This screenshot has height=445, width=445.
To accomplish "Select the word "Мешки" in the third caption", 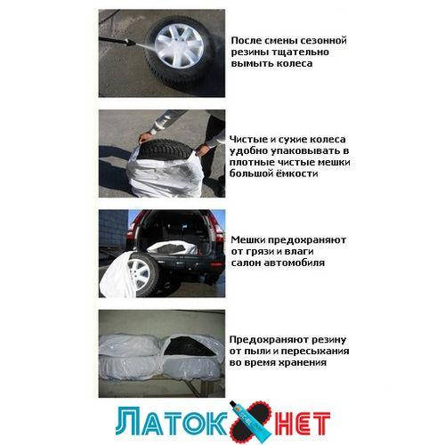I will tap(249, 239).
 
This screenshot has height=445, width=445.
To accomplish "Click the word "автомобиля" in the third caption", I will tap(294, 263).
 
